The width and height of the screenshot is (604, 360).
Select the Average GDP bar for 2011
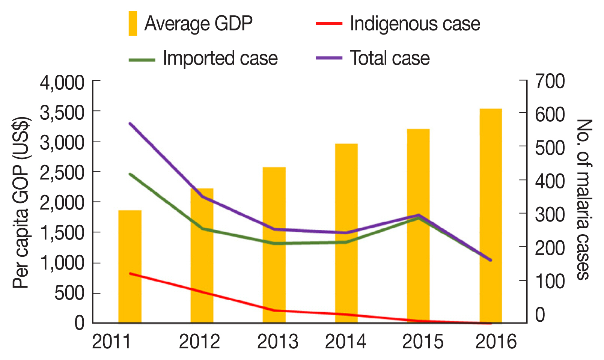point(130,267)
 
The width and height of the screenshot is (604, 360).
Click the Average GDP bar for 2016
point(491,216)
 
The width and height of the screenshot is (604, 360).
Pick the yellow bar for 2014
point(346,233)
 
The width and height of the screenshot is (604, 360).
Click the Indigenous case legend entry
point(415,24)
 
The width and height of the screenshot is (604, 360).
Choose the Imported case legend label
point(220,58)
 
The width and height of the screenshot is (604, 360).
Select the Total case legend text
point(390,58)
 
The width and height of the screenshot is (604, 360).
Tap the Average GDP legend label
point(198,24)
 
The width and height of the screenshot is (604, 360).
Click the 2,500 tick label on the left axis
point(62,173)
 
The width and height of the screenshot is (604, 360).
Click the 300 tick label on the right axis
point(550,215)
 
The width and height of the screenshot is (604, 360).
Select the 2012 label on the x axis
point(199,342)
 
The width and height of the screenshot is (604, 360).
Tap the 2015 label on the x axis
point(423,342)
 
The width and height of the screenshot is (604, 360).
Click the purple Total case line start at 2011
point(130,123)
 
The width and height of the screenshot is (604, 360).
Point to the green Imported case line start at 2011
point(130,174)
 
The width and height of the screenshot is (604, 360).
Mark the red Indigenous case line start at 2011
point(130,273)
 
